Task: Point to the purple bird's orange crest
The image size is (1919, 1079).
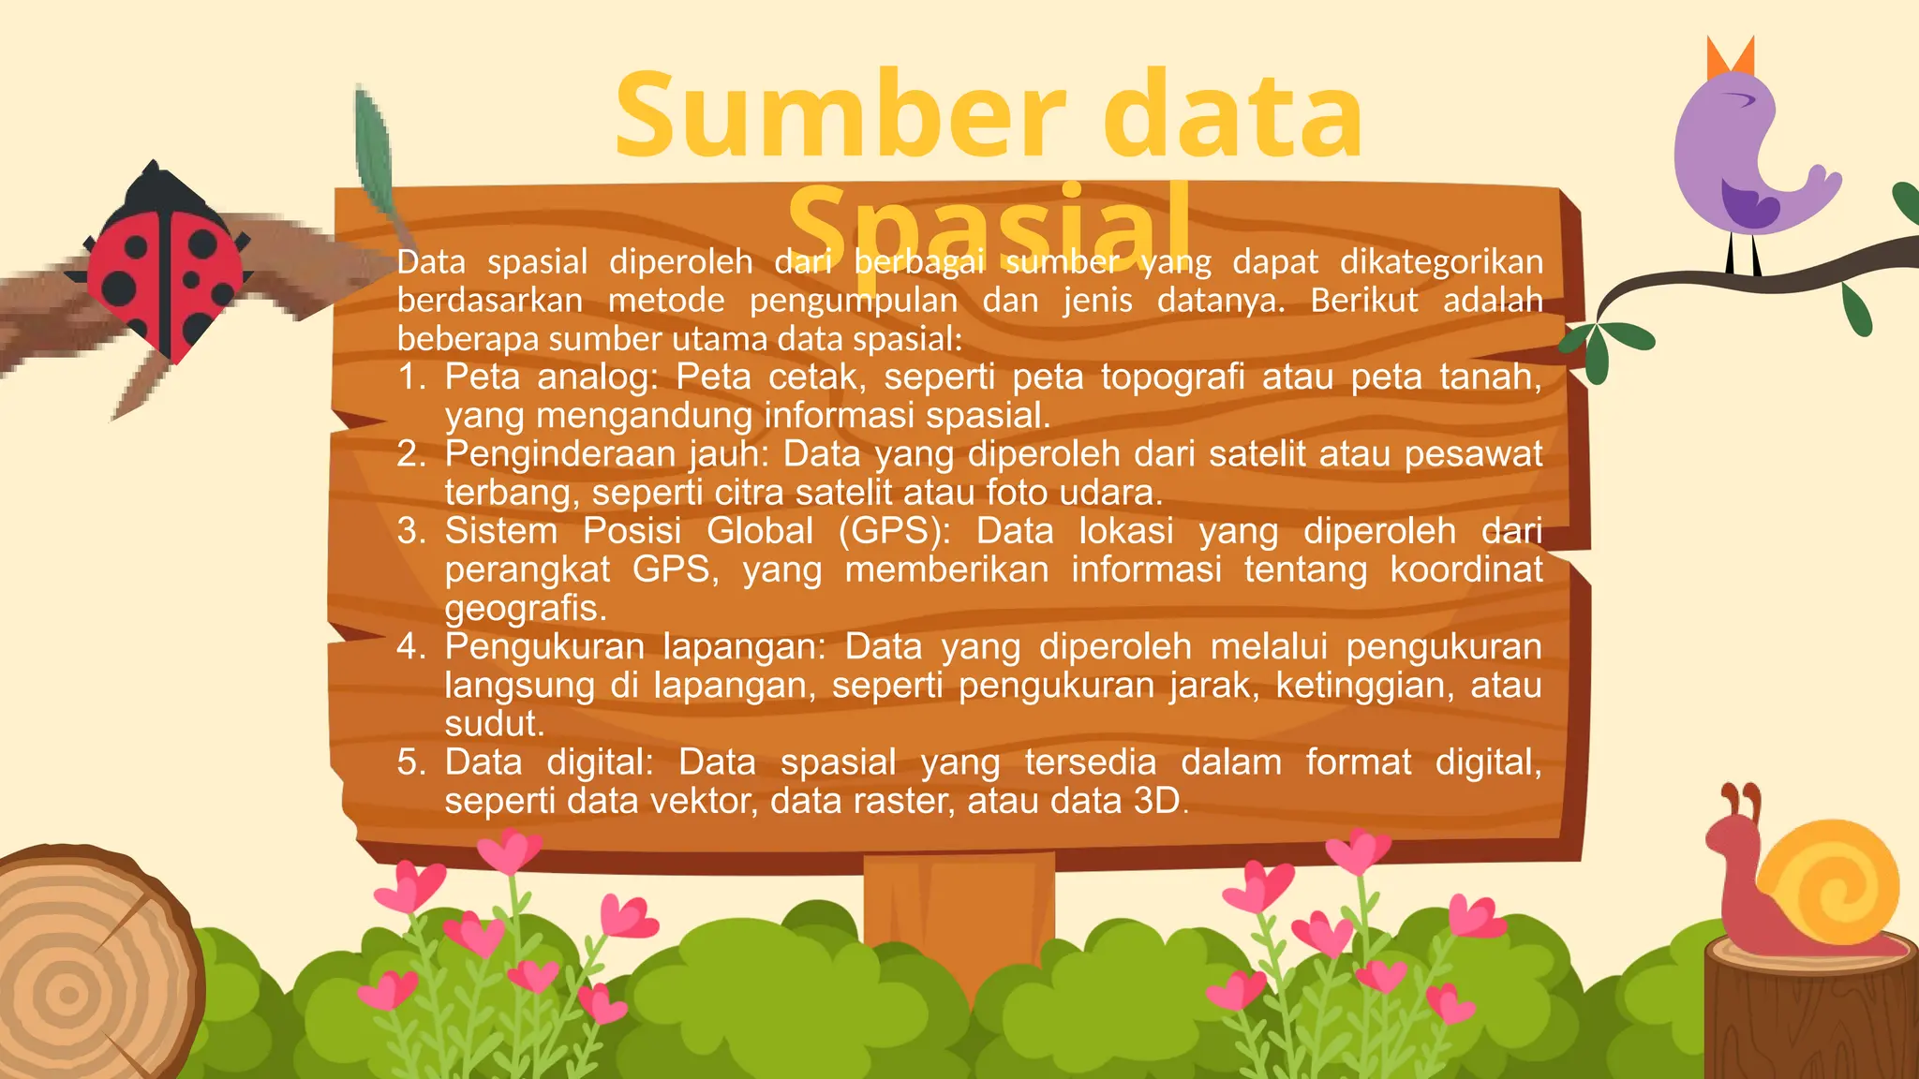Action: coord(1730,58)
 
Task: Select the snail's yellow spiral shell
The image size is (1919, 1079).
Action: coord(1828,881)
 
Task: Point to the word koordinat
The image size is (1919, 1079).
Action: coord(1465,569)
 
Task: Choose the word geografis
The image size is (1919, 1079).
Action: coord(526,609)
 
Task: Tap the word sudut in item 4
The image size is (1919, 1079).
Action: coord(494,724)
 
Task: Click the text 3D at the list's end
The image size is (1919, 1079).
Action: coord(1156,802)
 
